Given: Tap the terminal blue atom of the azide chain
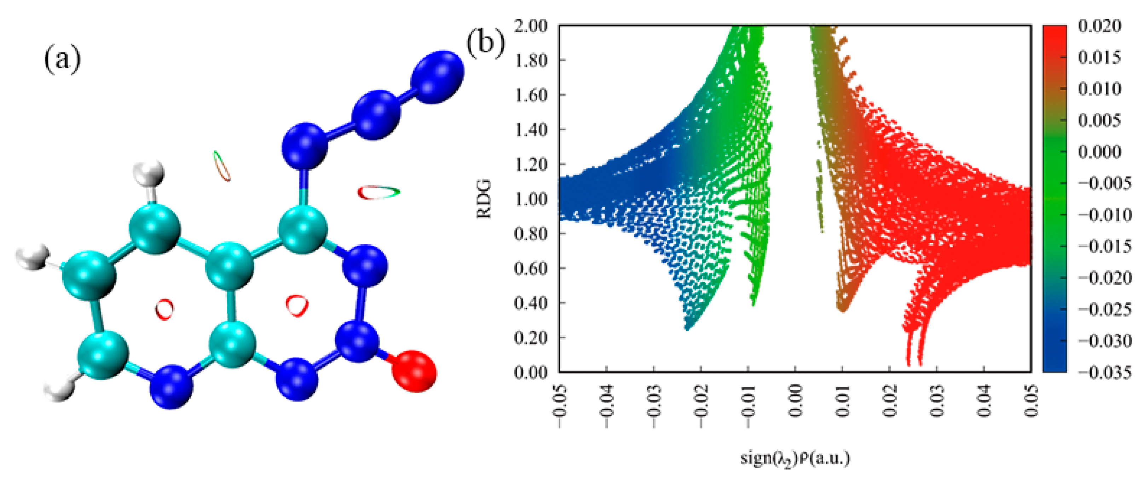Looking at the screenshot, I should pyautogui.click(x=437, y=76).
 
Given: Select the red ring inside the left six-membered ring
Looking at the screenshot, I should pyautogui.click(x=164, y=308).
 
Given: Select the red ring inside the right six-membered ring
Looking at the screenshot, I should pyautogui.click(x=297, y=305).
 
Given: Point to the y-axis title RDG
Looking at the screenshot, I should pyautogui.click(x=484, y=198).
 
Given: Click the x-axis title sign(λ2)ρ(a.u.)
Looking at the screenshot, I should pyautogui.click(x=795, y=458).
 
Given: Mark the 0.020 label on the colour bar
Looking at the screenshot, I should pyautogui.click(x=1099, y=26).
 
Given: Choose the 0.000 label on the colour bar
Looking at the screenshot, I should pyautogui.click(x=1099, y=152).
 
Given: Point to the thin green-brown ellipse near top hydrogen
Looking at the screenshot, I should pyautogui.click(x=221, y=166).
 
